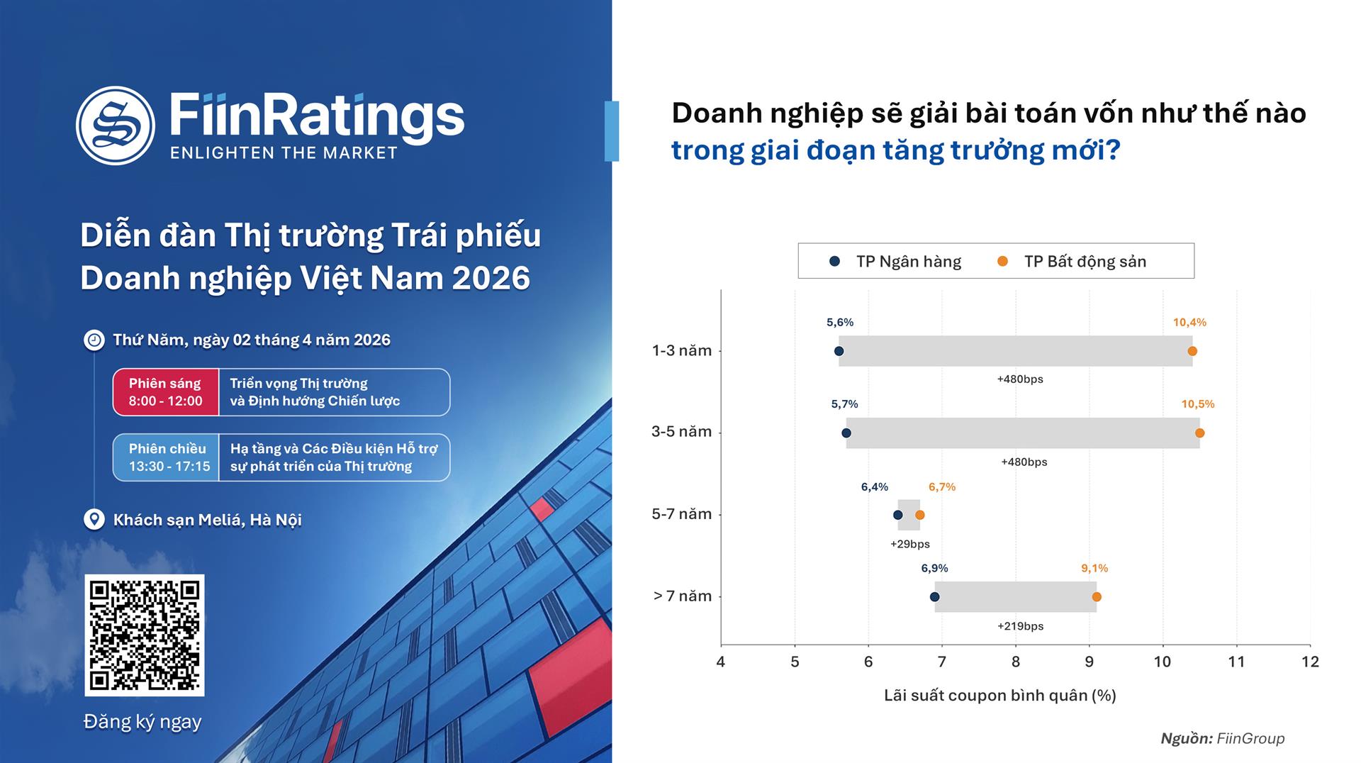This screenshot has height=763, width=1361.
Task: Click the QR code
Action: point(145,635)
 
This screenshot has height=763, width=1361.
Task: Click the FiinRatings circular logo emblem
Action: point(116,126)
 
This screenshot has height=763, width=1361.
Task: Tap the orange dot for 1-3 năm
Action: point(1192,351)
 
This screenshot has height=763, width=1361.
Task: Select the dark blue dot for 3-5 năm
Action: point(846,433)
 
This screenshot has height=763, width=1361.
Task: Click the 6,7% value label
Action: point(942,487)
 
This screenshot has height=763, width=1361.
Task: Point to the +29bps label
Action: point(909,545)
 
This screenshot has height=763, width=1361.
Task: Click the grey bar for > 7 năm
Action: point(1015,597)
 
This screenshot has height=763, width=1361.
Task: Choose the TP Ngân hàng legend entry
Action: point(896,262)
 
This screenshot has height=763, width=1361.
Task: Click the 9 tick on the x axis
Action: point(1089,662)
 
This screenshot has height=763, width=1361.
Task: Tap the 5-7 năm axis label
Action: point(681,514)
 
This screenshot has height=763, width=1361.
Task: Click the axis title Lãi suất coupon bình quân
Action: point(999,696)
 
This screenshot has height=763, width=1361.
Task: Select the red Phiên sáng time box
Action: point(166,392)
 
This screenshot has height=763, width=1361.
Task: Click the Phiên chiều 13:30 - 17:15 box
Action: point(168,457)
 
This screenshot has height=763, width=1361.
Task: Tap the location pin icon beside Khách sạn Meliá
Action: point(94,520)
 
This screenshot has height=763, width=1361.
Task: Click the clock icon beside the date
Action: point(94,340)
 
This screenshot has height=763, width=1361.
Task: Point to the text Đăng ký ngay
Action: point(142,722)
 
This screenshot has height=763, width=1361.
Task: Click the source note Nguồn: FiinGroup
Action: point(1222,739)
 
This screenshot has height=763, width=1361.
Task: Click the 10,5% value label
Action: point(1197,404)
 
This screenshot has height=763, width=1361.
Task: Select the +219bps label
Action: point(1020,626)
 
